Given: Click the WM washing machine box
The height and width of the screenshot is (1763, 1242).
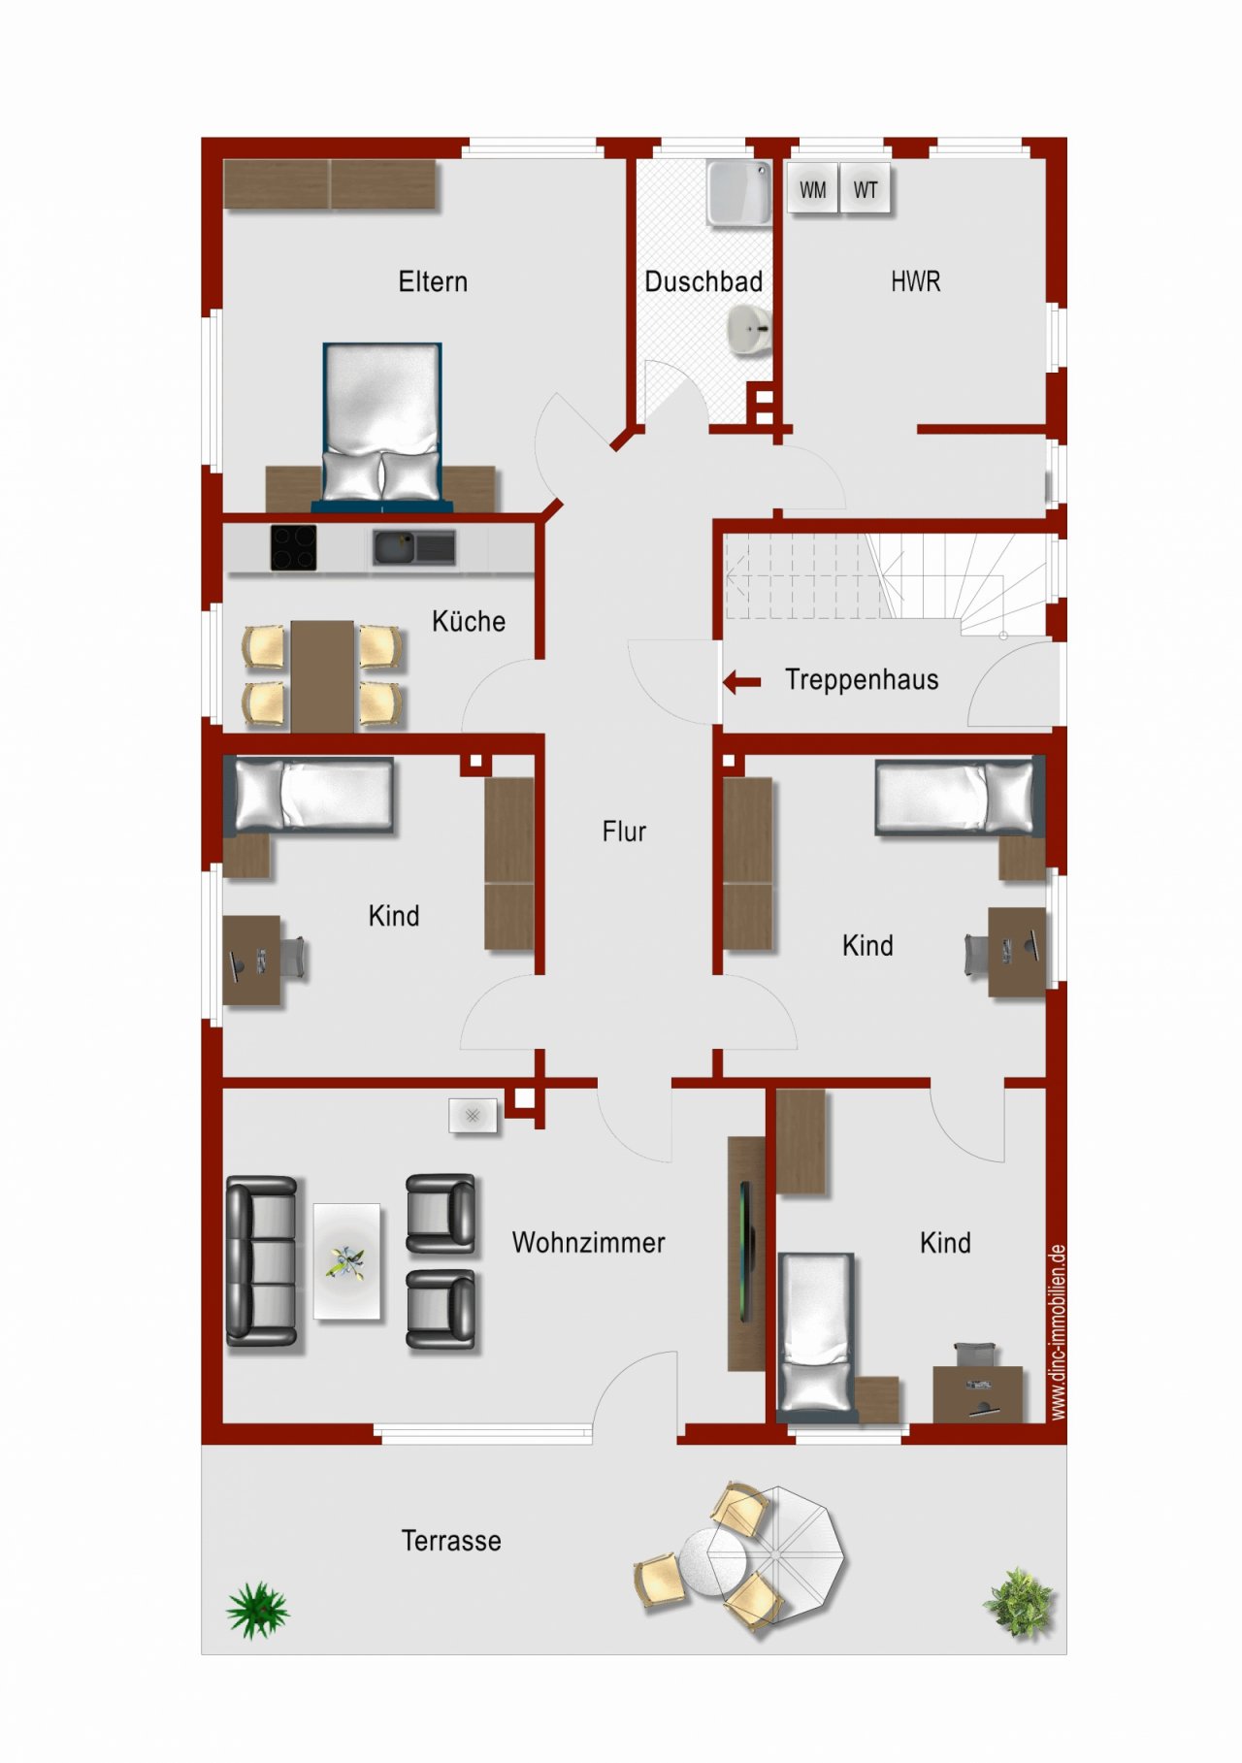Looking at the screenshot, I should [812, 190].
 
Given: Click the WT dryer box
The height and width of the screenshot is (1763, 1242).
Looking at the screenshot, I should [866, 190].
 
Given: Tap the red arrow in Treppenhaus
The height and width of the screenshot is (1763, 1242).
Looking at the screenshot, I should [742, 682].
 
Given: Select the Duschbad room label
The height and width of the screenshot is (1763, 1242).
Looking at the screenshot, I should [703, 282].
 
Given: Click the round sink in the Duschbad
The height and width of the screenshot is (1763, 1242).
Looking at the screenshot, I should [748, 330].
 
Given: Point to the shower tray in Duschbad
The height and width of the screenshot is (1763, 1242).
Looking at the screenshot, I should [739, 192].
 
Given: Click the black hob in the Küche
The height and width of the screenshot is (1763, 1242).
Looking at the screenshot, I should [293, 548].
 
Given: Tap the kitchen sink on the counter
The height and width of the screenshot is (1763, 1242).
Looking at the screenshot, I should [414, 548].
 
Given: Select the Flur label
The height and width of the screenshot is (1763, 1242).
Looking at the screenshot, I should [624, 832].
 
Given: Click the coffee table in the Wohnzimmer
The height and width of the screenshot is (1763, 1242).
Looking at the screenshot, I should [346, 1260].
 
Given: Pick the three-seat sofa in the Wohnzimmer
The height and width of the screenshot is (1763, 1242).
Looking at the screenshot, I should [261, 1260].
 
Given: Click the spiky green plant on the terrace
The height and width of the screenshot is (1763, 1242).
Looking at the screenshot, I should [257, 1610].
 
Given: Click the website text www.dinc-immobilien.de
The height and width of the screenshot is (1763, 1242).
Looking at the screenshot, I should [1058, 1331].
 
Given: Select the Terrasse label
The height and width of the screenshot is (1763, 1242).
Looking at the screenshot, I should [451, 1541].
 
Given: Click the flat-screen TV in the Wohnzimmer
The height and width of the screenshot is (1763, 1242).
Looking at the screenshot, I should [745, 1252].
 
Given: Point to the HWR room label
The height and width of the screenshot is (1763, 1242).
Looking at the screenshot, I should [915, 282].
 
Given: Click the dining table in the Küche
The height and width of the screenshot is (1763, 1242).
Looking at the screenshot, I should [322, 675].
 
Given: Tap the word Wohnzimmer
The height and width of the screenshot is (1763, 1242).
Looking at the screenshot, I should [588, 1243].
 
